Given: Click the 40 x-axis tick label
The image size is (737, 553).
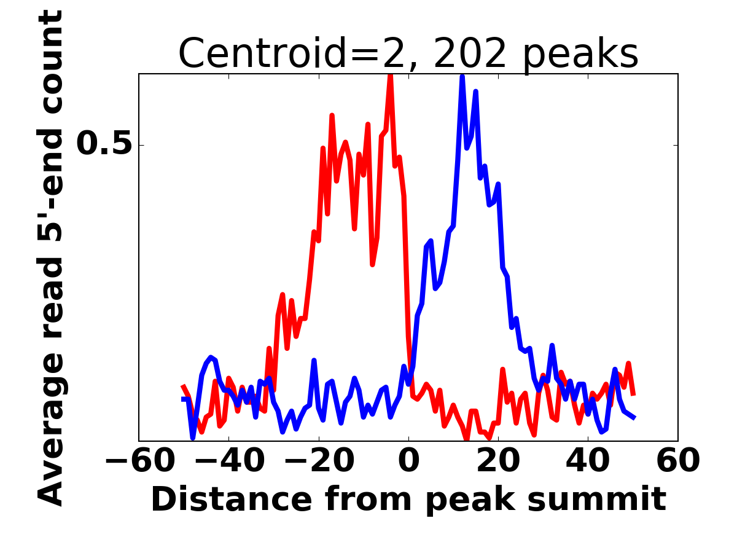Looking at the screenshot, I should coord(588,461).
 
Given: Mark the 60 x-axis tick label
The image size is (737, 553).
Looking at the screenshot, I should coord(678,461).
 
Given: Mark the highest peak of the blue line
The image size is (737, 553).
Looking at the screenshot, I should coord(462,77).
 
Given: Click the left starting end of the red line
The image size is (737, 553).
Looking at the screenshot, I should coord(182,386).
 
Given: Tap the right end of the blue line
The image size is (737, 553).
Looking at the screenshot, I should coord(634,418).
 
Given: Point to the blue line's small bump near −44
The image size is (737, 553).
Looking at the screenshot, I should coord(211,357).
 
